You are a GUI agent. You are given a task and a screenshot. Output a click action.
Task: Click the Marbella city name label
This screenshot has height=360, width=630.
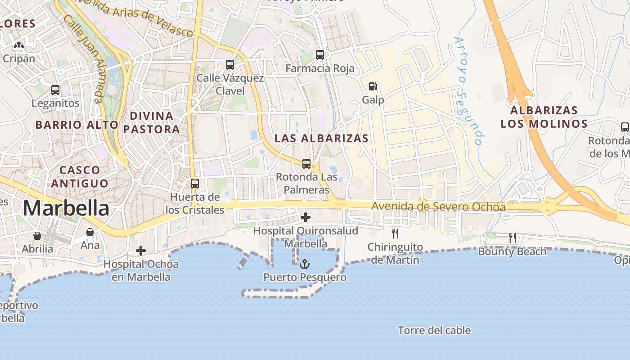(x=66, y=208)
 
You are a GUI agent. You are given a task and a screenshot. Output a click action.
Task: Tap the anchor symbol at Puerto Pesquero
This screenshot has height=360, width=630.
(x=305, y=264)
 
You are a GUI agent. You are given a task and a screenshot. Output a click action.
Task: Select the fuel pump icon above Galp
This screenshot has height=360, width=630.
(x=373, y=86)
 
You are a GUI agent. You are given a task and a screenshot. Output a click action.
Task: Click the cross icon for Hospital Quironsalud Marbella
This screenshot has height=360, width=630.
(x=306, y=218)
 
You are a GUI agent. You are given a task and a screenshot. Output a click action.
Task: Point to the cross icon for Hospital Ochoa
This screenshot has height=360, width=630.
(x=141, y=251)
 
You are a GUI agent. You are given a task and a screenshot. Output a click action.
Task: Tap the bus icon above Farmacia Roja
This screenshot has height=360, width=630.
(x=320, y=55)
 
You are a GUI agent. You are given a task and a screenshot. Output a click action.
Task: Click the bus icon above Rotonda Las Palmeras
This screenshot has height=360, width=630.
(x=306, y=164)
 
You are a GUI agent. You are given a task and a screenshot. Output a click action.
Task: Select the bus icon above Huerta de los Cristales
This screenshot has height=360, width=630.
(x=195, y=184)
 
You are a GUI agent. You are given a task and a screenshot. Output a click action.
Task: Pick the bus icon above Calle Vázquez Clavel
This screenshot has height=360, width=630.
(x=230, y=65)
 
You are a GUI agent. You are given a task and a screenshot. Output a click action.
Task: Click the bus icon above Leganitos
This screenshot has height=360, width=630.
(x=55, y=90)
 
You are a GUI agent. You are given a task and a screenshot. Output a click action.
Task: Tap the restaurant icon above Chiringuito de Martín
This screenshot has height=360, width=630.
(x=395, y=234)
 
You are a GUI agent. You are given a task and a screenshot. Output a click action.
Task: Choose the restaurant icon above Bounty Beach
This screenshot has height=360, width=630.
(x=512, y=238)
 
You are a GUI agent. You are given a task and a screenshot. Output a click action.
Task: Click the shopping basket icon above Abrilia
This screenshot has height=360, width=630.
(x=37, y=236)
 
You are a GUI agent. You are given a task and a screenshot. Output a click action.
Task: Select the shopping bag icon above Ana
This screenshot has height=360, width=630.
(x=90, y=232)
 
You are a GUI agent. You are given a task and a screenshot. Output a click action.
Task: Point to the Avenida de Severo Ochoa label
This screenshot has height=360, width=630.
(x=438, y=207)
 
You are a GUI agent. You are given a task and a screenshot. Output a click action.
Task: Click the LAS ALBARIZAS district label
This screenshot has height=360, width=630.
(x=321, y=139)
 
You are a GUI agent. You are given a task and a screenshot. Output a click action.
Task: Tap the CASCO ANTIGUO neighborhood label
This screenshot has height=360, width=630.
(x=80, y=177)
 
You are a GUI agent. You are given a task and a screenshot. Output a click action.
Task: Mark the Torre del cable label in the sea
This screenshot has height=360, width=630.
(x=434, y=331)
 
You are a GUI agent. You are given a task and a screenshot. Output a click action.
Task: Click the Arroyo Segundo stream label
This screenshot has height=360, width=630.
(x=469, y=91)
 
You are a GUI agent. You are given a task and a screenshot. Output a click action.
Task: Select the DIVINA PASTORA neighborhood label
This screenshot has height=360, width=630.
(x=151, y=122)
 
